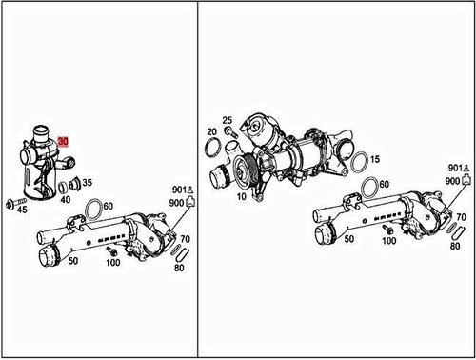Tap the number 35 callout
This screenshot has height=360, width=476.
87,182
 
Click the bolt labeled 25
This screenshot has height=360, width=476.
228,132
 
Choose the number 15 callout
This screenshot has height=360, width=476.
375,158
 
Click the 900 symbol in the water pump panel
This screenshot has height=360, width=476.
470,178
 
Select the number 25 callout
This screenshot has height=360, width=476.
228,119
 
